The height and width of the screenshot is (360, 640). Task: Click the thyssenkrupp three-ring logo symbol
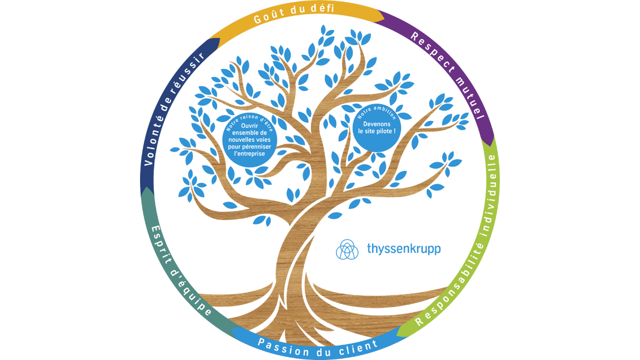(x=347, y=249)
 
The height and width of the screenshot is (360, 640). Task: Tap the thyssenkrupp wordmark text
(x=404, y=248)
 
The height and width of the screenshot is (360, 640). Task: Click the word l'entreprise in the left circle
(x=250, y=154)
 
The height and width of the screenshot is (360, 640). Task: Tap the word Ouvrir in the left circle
(x=250, y=125)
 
